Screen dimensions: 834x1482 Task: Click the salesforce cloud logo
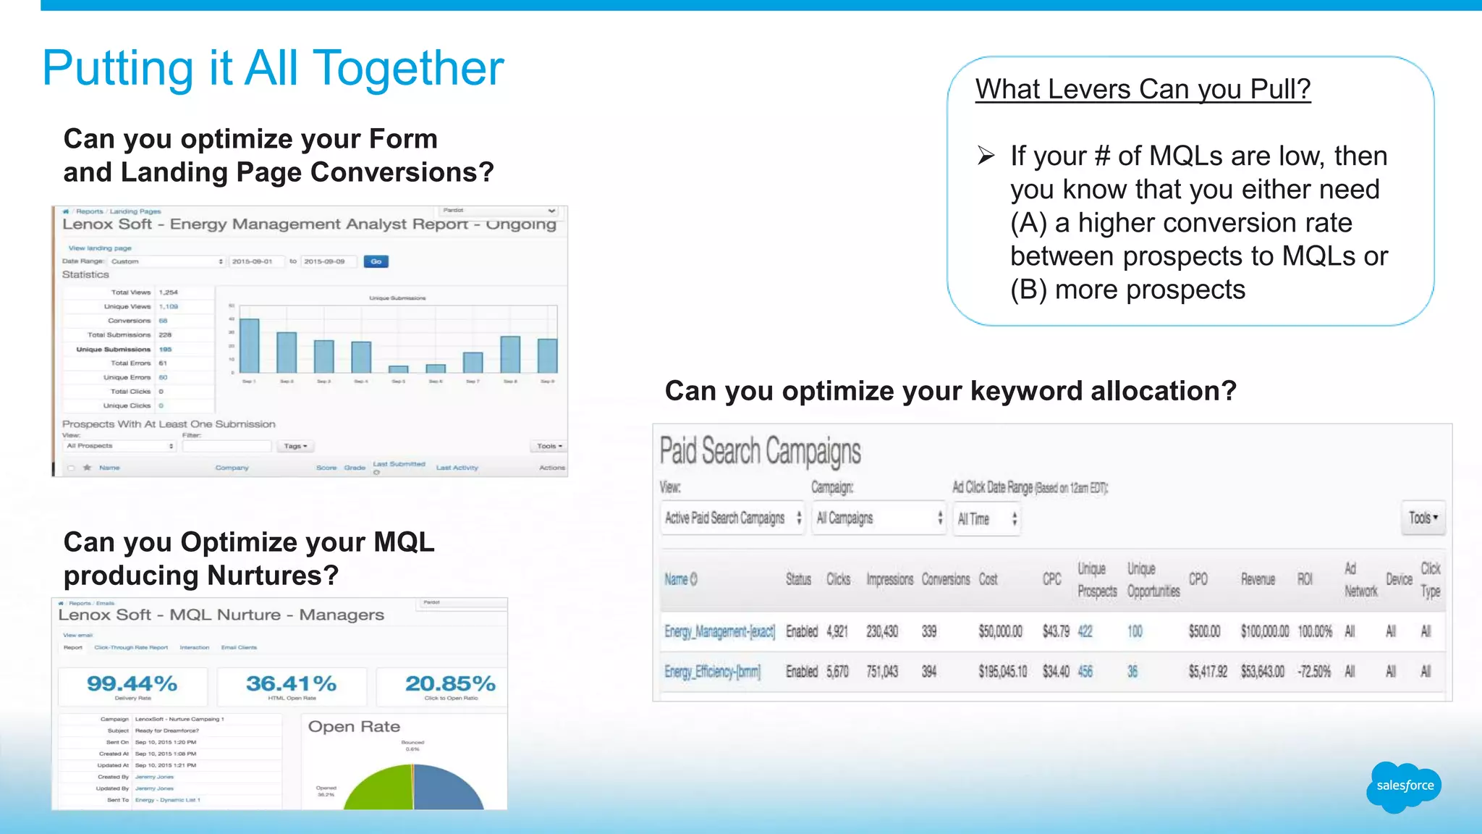[x=1404, y=786]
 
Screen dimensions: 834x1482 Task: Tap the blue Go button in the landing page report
[x=376, y=261]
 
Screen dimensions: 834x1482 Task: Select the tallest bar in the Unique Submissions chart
[x=250, y=345]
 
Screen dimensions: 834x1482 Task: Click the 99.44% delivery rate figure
[x=132, y=683]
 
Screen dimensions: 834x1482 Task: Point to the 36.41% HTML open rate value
[x=291, y=683]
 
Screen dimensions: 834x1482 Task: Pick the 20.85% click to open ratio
[x=450, y=683]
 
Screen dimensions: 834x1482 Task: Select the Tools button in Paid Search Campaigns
[x=1423, y=518]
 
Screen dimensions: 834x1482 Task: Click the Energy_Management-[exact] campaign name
[x=719, y=631]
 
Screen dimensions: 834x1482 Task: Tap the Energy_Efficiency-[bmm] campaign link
[x=712, y=672]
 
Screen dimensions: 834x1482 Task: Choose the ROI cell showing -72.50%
[x=1314, y=672]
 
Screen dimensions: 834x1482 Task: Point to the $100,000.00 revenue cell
[x=1264, y=631]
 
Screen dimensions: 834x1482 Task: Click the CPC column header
[x=1051, y=579]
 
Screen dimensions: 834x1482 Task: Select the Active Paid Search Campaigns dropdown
[x=732, y=518]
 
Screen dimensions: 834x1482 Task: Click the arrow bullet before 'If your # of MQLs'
[x=986, y=156]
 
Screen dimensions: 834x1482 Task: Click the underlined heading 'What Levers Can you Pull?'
[x=1143, y=89]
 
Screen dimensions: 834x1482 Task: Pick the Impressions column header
[x=889, y=579]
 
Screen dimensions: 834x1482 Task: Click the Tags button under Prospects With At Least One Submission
[x=295, y=446]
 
